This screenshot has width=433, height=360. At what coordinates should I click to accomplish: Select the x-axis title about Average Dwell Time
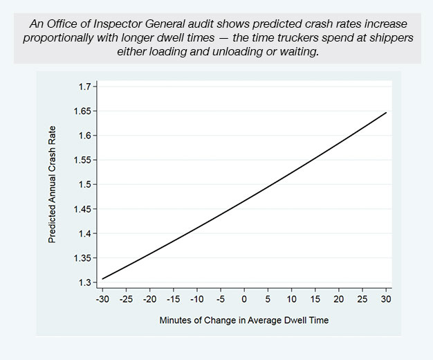coord(243,321)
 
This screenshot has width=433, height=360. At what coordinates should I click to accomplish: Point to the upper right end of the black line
coord(385,112)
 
